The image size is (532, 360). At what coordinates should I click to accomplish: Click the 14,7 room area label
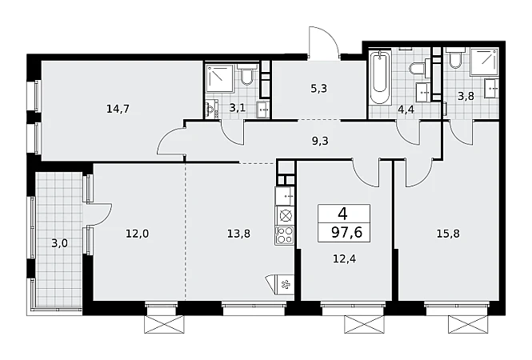(118, 109)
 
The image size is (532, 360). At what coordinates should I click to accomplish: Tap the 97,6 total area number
(346, 233)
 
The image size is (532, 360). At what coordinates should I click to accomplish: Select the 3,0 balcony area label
(59, 243)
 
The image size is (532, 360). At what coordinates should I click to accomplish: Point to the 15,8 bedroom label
(448, 234)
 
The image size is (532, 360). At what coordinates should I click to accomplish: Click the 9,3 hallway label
(320, 141)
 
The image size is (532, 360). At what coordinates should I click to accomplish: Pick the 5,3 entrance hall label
(318, 89)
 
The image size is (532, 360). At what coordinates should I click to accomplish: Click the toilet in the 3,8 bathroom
(454, 58)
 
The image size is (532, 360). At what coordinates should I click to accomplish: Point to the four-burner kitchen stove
(284, 235)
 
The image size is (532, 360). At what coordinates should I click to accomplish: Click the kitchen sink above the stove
(284, 196)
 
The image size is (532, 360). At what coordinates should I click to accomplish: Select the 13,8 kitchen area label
(239, 234)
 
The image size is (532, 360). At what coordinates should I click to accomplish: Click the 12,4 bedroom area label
(344, 259)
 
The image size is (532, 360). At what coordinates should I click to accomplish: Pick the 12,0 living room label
(138, 234)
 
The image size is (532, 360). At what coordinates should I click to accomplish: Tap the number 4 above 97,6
(342, 214)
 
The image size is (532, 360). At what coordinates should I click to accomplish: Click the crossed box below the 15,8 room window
(468, 325)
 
